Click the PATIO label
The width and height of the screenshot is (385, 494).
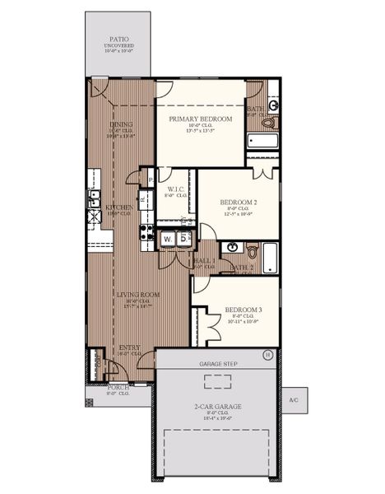pyautogui.click(x=119, y=39)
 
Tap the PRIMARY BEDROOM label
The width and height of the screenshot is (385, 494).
pyautogui.click(x=201, y=119)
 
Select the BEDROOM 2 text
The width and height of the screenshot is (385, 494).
pyautogui.click(x=239, y=202)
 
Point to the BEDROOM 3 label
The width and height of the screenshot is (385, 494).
pyautogui.click(x=244, y=310)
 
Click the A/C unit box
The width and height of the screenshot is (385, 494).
pyautogui.click(x=294, y=401)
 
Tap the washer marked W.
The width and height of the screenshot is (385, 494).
pyautogui.click(x=168, y=239)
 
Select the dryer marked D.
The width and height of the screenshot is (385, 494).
pyautogui.click(x=184, y=239)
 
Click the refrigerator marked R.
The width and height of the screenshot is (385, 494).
pyautogui.click(x=143, y=198)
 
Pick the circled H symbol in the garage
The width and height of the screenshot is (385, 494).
pyautogui.click(x=267, y=355)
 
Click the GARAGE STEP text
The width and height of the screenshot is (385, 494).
pyautogui.click(x=218, y=363)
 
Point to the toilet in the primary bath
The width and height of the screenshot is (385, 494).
pyautogui.click(x=268, y=123)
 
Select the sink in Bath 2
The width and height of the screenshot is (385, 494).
pyautogui.click(x=232, y=247)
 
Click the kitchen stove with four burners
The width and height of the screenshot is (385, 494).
pyautogui.click(x=146, y=231)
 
